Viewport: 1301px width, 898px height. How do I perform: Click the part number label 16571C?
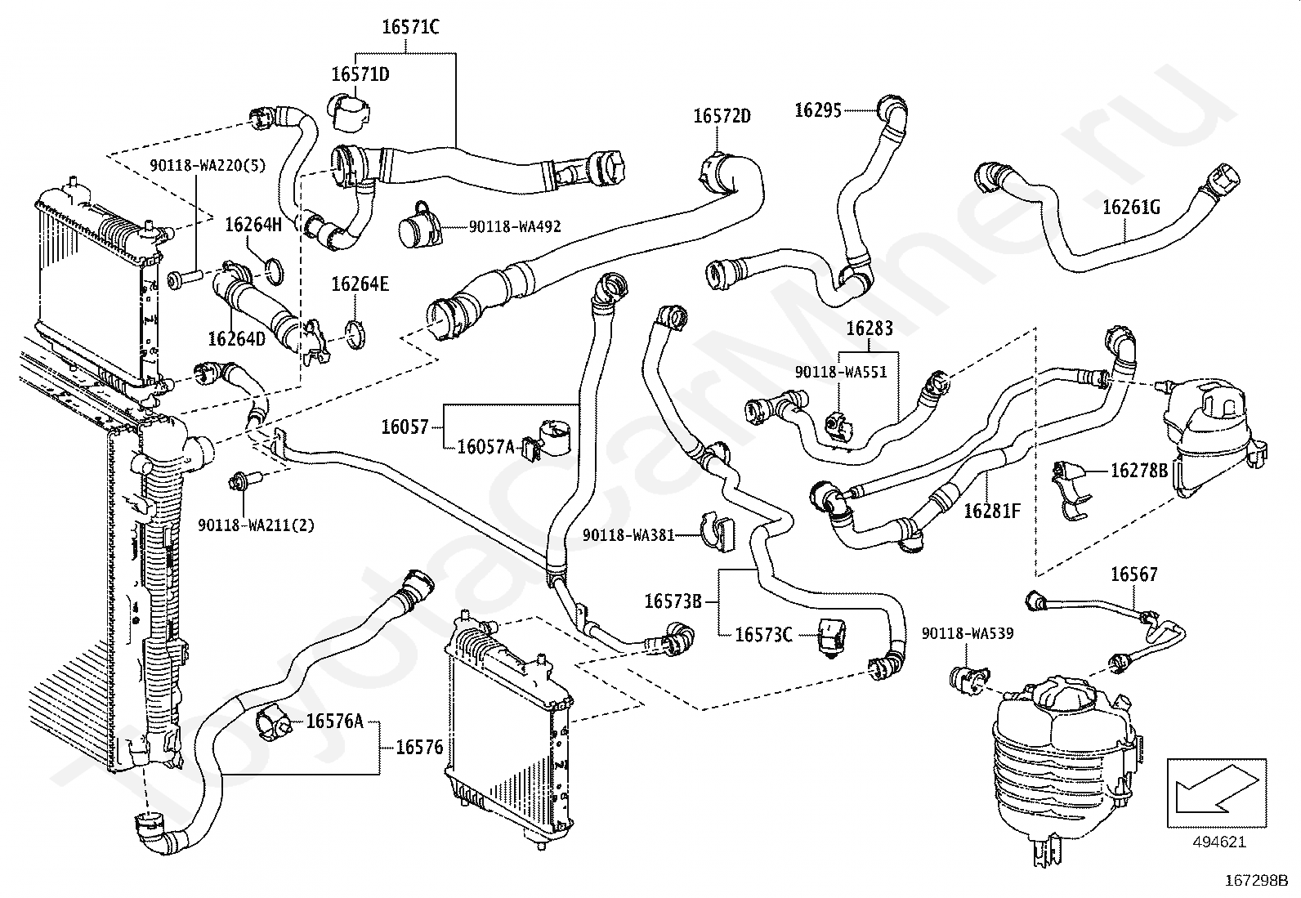coord(410,28)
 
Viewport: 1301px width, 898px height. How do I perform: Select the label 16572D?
coord(722,116)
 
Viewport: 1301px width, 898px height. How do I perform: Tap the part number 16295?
coord(818,109)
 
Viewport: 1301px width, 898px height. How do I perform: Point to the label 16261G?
coord(1130,208)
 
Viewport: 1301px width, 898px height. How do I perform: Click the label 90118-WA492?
coord(515,226)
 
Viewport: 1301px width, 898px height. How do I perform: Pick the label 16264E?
coord(360,284)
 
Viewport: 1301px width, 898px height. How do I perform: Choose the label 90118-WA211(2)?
coord(256,525)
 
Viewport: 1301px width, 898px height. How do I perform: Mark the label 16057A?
coord(485,446)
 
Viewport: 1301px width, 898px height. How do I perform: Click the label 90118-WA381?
coord(628,535)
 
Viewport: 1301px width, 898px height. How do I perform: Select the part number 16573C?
coord(763,634)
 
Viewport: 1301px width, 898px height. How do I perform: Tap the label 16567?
coord(1133,575)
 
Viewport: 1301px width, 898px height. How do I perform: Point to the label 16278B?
coord(1139,471)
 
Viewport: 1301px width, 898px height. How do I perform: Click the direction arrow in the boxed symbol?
coord(1217,789)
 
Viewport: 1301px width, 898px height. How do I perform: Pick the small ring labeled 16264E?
coord(355,334)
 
